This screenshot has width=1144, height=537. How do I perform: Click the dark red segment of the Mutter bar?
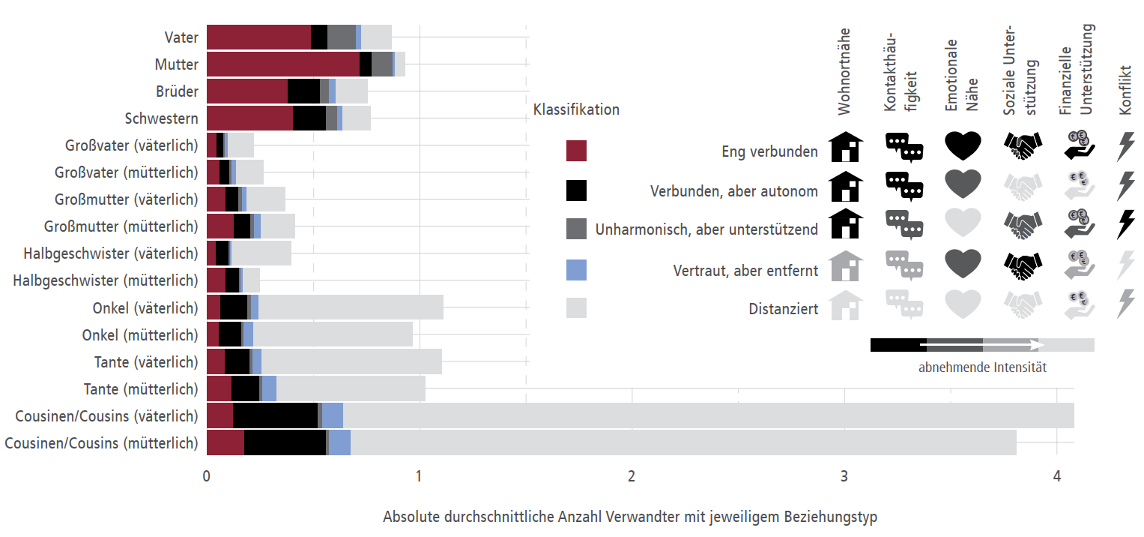[282, 64]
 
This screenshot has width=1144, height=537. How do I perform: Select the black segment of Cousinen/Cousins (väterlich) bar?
[275, 415]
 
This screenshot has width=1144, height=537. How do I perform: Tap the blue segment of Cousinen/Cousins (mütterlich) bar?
[339, 442]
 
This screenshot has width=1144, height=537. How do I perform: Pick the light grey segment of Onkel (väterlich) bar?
[351, 307]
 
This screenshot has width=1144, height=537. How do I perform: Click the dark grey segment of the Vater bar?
[341, 37]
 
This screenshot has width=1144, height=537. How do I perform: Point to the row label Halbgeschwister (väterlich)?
[111, 253]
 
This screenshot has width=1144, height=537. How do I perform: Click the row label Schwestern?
[161, 118]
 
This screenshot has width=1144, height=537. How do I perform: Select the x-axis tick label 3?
[844, 476]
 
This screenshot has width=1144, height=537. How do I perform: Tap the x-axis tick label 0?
[206, 476]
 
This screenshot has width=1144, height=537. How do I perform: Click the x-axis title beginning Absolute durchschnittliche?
[629, 517]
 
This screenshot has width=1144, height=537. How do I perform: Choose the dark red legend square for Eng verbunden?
[576, 151]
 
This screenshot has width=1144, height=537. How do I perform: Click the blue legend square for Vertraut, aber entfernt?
[576, 269]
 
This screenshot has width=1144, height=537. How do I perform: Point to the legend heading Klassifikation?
[576, 109]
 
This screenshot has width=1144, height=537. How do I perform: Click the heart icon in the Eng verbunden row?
[963, 145]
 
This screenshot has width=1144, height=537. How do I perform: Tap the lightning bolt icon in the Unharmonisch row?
[1125, 223]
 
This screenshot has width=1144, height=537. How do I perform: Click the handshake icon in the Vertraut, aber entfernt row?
[1022, 263]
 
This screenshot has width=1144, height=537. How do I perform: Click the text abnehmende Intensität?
[982, 367]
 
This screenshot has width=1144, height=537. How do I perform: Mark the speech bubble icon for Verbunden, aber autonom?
[904, 186]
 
